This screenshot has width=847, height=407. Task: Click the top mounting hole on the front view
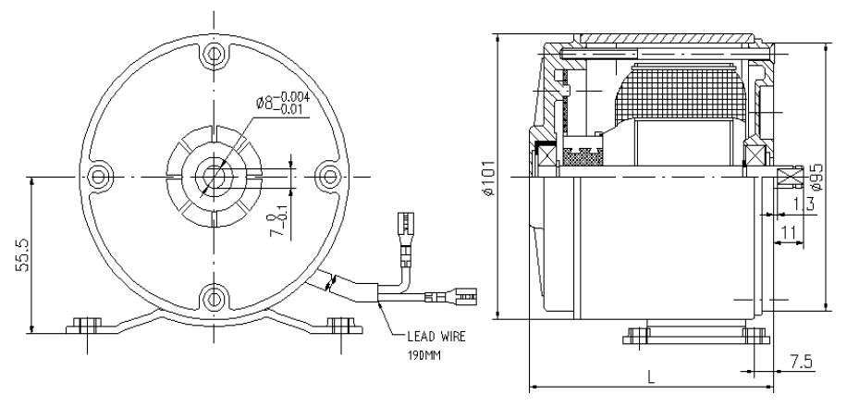pos(215,53)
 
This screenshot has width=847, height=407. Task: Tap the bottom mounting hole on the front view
pos(215,298)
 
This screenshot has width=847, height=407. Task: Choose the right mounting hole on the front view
pos(328,176)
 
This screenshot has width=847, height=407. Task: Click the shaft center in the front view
pos(215,176)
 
